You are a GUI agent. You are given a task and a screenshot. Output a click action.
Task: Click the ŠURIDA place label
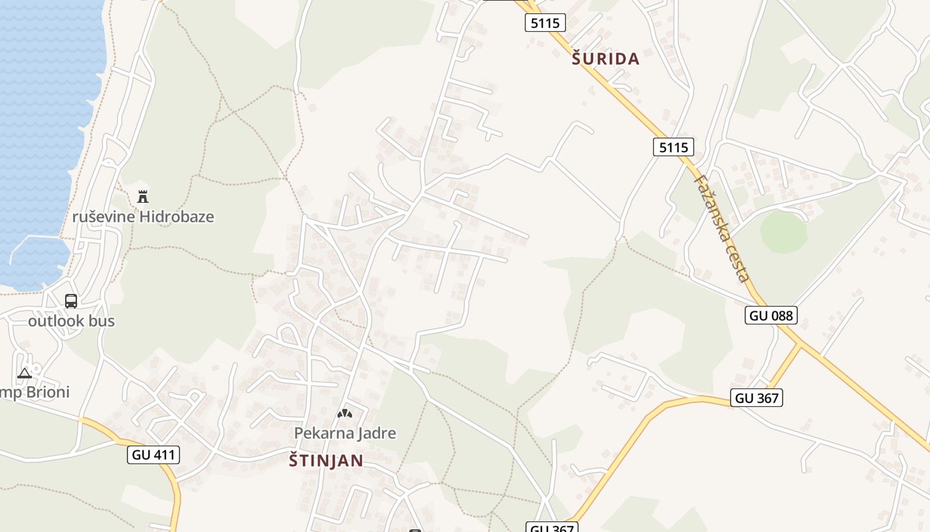[x=605, y=59]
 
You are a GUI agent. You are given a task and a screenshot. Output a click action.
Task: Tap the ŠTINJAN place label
[x=326, y=460]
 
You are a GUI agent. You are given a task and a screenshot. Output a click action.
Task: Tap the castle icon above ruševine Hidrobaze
[x=142, y=196]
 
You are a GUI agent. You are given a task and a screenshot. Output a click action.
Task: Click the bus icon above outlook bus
[x=71, y=301]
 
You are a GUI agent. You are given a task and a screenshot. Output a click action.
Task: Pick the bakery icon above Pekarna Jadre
[x=344, y=414]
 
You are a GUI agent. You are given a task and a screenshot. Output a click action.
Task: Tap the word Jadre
[x=375, y=433]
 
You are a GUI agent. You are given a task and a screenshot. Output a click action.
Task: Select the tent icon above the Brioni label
[x=25, y=372]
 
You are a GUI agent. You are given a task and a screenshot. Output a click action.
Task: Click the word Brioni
[x=46, y=392]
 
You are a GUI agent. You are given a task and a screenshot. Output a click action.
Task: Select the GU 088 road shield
[x=771, y=315]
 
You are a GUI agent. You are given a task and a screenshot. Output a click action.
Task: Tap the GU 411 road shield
[x=153, y=455]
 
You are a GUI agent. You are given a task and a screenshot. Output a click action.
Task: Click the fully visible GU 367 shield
[x=757, y=398]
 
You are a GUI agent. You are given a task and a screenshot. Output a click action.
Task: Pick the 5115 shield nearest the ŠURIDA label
[x=545, y=23]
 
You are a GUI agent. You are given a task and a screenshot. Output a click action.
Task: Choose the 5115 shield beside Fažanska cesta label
[x=674, y=147]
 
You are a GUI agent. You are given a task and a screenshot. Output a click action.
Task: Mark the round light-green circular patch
[x=783, y=232]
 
